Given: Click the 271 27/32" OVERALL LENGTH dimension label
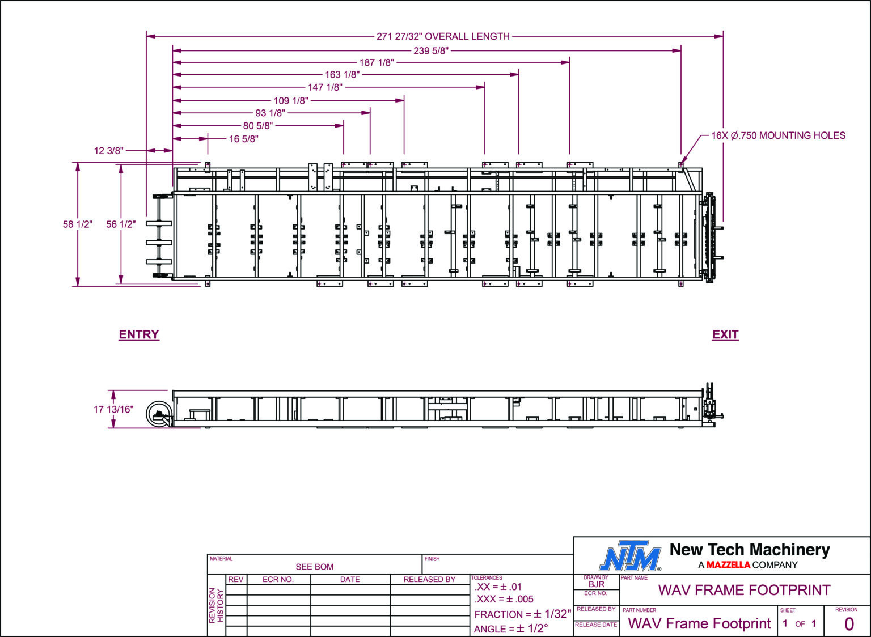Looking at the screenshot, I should click(x=443, y=36).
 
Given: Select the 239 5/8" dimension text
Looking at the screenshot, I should click(x=431, y=50).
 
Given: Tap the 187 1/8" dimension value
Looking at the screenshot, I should click(x=376, y=62).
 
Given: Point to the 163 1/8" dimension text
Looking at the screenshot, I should click(x=342, y=74).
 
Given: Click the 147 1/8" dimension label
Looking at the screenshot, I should click(x=325, y=87).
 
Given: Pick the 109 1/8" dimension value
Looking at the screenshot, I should click(x=291, y=100).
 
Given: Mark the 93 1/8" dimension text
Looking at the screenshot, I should click(x=270, y=113).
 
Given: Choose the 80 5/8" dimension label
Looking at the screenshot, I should click(x=257, y=125).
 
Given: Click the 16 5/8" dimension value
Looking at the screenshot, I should click(x=243, y=139).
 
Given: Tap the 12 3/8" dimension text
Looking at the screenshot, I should click(x=108, y=151).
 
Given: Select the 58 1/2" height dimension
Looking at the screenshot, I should click(x=78, y=224).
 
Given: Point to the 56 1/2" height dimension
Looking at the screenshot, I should click(x=121, y=224).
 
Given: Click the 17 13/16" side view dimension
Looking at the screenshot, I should click(x=113, y=409).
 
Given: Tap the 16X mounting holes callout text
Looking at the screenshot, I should click(x=778, y=136).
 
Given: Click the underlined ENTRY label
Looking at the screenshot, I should click(x=139, y=334).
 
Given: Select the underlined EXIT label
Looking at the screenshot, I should click(x=725, y=334).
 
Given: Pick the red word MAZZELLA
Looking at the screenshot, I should click(x=728, y=565).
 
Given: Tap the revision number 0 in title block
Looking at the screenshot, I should click(x=848, y=624).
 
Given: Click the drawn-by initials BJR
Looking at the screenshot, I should click(x=596, y=584).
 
